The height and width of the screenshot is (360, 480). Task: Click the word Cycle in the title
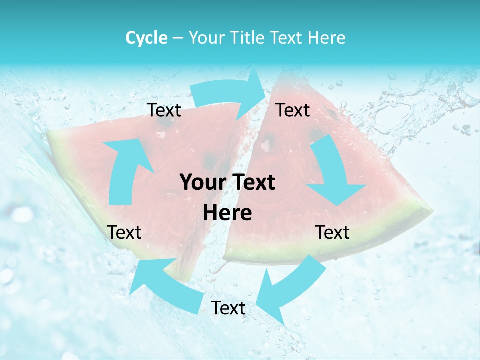point(146,38)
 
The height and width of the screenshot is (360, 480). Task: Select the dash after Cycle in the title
point(177,38)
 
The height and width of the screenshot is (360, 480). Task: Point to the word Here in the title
point(327,38)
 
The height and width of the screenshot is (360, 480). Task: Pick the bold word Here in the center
point(227,213)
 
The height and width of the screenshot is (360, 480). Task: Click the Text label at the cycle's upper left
point(164,110)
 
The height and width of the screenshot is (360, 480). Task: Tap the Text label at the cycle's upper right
point(293,110)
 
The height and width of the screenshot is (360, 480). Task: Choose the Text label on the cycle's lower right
point(332,233)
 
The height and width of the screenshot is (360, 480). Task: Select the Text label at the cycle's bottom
point(228,308)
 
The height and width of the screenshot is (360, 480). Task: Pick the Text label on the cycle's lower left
point(124,233)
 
